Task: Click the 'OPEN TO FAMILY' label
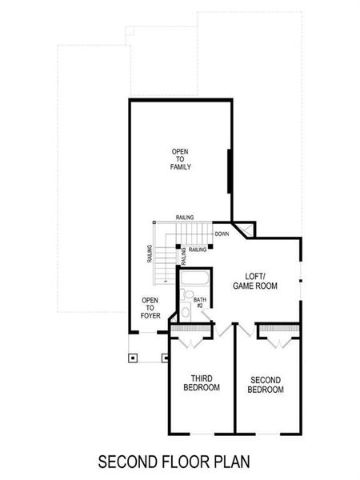[x=180, y=159]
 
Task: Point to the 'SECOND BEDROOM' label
[x=266, y=385]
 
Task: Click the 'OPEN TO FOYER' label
[x=150, y=307]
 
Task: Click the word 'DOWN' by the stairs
[x=222, y=234]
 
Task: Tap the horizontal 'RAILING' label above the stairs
[x=185, y=218]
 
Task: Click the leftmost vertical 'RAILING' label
[x=150, y=254]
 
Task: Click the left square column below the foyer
[x=133, y=357]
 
